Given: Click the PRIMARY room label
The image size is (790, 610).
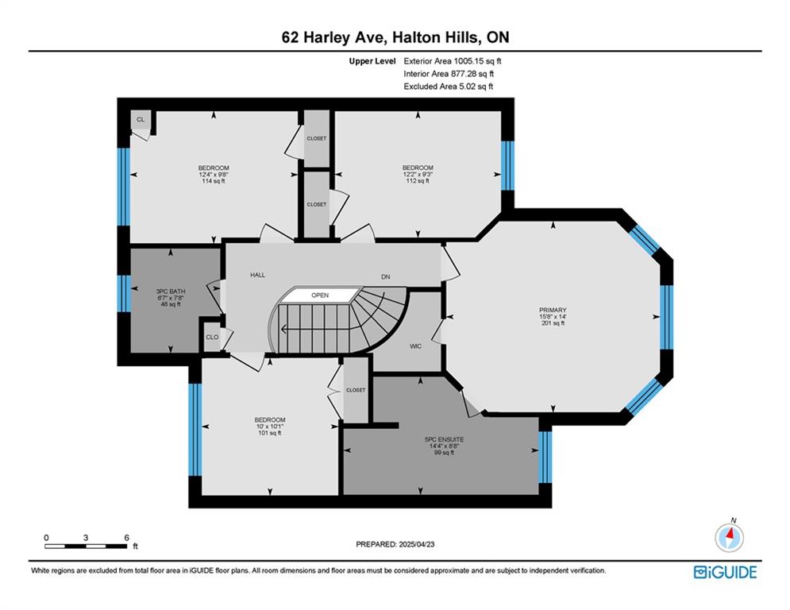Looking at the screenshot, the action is coord(553,310).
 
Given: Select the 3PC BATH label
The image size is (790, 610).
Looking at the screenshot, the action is coord(170,291).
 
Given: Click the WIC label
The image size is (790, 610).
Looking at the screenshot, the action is coord(416,346).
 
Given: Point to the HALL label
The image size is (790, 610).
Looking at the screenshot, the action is coord(257,275).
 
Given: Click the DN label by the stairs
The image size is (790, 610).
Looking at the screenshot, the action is coord(385,276).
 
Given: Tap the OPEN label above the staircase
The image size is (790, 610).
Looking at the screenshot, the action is coord(320,295).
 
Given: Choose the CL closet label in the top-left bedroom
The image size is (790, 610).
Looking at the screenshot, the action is coord(141,119).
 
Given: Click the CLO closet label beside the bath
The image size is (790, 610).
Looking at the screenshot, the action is coord(212,337).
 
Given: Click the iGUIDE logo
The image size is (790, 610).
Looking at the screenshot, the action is coord(725,572).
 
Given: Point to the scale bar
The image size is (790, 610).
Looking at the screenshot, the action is coord(86,546).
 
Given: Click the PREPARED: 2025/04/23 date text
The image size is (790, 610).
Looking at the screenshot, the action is coord(395,544).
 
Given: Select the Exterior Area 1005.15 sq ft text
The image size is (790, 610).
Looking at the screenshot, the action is coord(453,61).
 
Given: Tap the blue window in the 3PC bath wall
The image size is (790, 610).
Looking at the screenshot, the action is coord(124,293).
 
